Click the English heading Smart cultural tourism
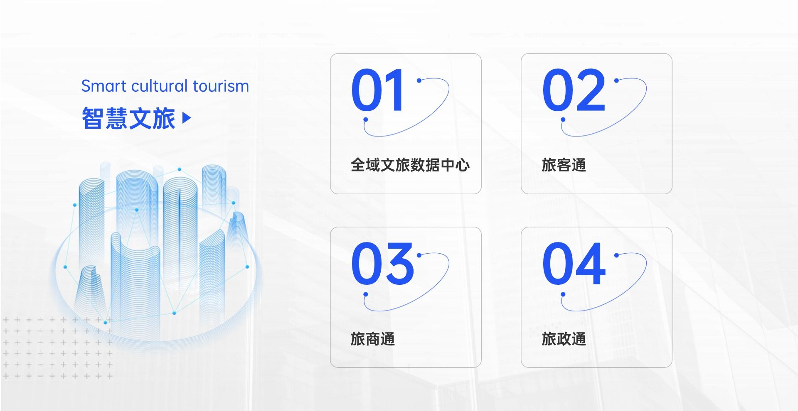click(x=165, y=86)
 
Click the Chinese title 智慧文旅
click(x=128, y=118)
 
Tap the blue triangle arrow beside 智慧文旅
click(x=187, y=118)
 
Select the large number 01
click(x=377, y=90)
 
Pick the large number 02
click(x=574, y=90)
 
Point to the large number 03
click(x=382, y=264)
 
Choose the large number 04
click(x=574, y=264)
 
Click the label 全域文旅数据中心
click(x=410, y=165)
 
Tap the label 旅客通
click(x=564, y=165)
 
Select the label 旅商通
click(x=373, y=339)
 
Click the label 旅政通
click(x=564, y=339)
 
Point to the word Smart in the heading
click(x=104, y=86)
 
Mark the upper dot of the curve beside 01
click(x=419, y=80)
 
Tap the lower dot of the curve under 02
click(x=563, y=120)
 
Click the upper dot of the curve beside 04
click(x=616, y=255)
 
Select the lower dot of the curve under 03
click(x=366, y=294)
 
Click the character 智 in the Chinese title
click(x=93, y=118)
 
